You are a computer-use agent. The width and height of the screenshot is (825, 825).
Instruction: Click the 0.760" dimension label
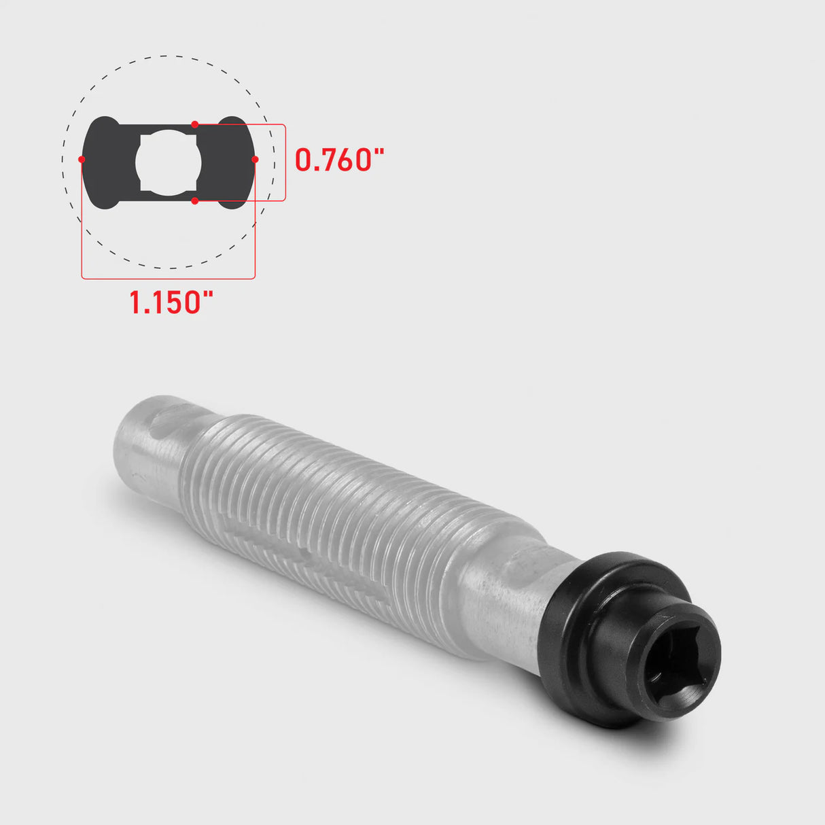pos(339,159)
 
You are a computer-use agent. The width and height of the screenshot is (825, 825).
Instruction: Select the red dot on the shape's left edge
pos(82,160)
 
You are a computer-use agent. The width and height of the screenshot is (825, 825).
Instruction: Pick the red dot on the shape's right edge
pos(255,160)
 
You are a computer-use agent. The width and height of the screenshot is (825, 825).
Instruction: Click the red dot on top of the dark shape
pos(195,124)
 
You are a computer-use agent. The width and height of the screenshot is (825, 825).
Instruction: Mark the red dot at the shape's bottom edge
pos(195,201)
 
